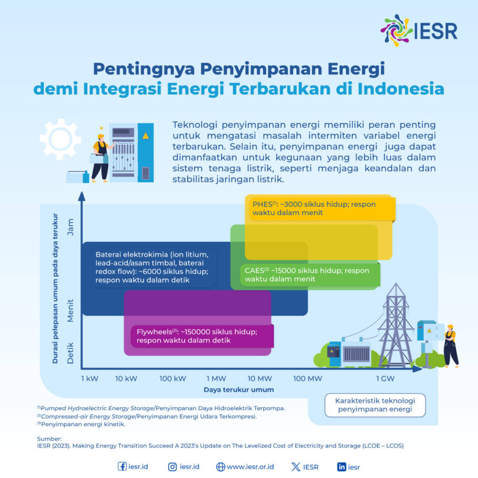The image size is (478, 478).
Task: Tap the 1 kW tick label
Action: (89, 379)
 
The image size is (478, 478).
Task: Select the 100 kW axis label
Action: (173, 379)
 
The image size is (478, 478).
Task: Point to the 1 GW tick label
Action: (386, 379)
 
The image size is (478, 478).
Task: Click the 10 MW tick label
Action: (260, 379)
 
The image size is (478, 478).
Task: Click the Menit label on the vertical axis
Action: (70, 310)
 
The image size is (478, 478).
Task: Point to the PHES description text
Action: (314, 209)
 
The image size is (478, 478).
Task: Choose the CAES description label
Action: (307, 274)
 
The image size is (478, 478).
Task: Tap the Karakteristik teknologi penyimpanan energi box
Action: (375, 405)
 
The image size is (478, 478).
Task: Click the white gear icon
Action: (60, 139)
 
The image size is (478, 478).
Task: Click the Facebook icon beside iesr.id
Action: (122, 467)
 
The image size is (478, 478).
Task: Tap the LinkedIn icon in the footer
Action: (341, 467)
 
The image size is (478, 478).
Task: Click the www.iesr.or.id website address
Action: (250, 467)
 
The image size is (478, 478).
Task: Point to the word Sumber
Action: (49, 439)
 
